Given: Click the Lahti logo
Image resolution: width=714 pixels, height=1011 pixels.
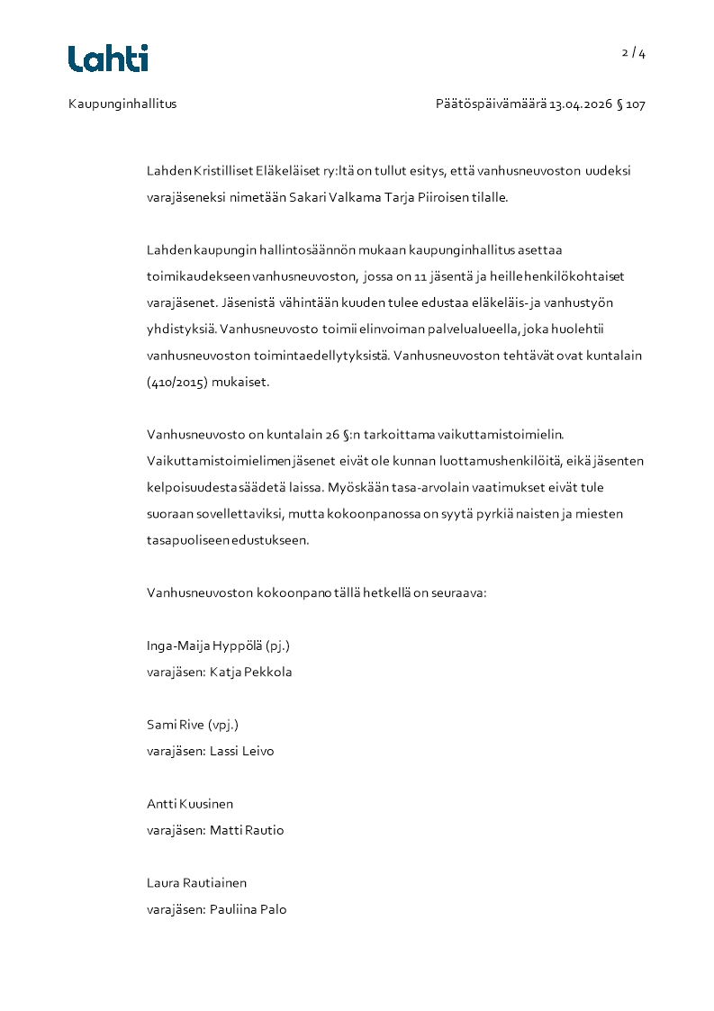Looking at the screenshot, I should coord(108,59).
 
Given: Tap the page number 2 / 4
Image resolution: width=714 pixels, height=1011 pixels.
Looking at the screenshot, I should coord(634,53).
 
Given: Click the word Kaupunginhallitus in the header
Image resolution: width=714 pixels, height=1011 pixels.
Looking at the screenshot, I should coord(122,104).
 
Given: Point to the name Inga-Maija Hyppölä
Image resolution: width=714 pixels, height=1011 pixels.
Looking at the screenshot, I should coord(204,645).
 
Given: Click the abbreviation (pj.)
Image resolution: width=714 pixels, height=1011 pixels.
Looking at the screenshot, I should coord(278,645).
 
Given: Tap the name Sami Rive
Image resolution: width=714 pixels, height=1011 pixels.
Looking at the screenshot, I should coord(176,725).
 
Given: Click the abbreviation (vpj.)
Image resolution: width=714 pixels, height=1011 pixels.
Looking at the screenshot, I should coord(223,725).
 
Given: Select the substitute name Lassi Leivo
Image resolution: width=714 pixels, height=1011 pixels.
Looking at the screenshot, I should coord(241,751).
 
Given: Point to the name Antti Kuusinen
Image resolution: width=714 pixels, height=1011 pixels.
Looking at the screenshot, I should coord(190,804).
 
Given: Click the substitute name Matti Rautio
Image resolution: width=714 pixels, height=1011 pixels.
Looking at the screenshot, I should coord(247,830).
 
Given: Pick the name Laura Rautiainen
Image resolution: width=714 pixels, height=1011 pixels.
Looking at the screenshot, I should coord(196,883).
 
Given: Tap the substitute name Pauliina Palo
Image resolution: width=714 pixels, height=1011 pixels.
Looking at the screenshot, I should coord(248,909).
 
